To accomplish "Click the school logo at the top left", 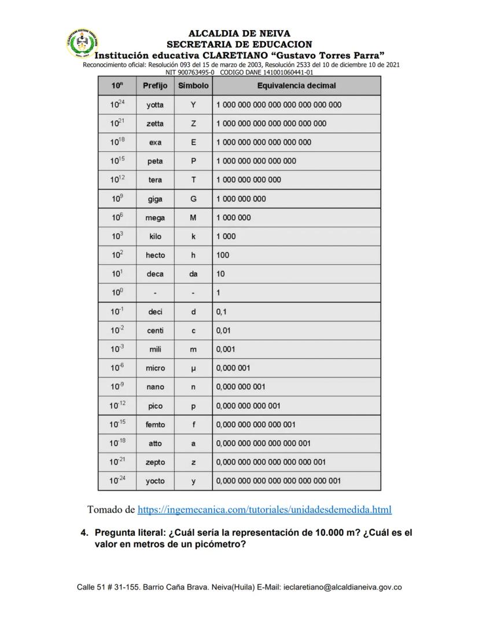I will (82, 43).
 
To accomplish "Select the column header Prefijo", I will (155, 86).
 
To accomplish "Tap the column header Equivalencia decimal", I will (296, 86).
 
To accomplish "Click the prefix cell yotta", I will (155, 105).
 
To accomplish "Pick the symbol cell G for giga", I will (193, 199).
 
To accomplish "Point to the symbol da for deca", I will (193, 274).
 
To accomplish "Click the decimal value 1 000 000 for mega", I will (234, 217).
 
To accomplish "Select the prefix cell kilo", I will (155, 236).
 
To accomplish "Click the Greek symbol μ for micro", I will (193, 368).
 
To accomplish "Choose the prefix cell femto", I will (155, 425).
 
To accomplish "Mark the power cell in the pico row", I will (117, 406).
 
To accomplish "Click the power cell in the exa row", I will (117, 142).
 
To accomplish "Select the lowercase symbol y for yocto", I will (193, 481).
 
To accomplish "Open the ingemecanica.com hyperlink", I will (264, 510).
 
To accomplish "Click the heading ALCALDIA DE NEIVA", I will (239, 34).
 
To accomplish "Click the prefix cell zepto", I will (155, 462).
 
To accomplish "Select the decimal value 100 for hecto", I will (223, 255).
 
